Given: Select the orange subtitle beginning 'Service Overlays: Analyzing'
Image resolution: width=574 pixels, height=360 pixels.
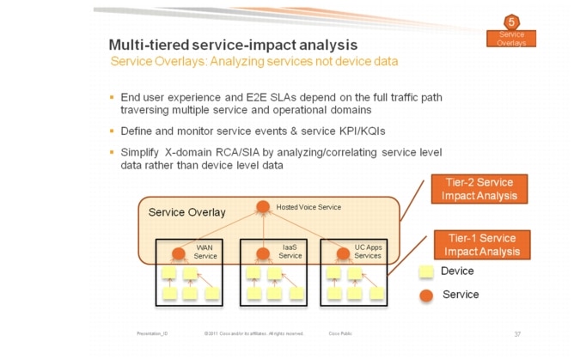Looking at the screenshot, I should pyautogui.click(x=253, y=62).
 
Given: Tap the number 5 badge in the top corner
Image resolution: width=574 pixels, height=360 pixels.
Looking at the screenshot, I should pyautogui.click(x=511, y=22).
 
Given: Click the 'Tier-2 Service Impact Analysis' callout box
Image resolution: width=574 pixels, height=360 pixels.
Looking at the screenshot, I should pyautogui.click(x=479, y=189).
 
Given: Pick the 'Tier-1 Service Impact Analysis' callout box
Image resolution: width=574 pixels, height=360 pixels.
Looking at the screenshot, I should pyautogui.click(x=479, y=245).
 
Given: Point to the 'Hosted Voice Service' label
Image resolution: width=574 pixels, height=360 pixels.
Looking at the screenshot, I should pyautogui.click(x=308, y=207).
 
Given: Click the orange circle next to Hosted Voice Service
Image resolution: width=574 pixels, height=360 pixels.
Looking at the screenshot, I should pyautogui.click(x=265, y=207).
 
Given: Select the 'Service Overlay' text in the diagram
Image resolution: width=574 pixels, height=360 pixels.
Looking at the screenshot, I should pyautogui.click(x=187, y=212).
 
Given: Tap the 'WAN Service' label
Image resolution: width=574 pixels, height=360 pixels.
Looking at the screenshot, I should pyautogui.click(x=205, y=251).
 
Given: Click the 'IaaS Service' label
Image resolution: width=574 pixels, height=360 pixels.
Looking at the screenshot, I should pyautogui.click(x=290, y=251).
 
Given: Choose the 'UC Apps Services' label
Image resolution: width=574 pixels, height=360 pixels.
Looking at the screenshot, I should pyautogui.click(x=368, y=251).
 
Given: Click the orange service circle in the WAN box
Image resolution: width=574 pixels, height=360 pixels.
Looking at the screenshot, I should pyautogui.click(x=180, y=253).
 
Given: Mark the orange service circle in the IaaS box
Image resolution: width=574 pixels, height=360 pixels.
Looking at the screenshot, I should pyautogui.click(x=265, y=253).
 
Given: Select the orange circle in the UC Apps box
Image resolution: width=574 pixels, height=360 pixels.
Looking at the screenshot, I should pyautogui.click(x=342, y=253).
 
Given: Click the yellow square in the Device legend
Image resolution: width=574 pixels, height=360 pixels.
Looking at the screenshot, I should pyautogui.click(x=425, y=272).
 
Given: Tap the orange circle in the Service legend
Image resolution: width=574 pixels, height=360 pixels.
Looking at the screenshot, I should pyautogui.click(x=425, y=295).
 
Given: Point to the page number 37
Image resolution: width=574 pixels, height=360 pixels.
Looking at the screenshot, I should pyautogui.click(x=517, y=333).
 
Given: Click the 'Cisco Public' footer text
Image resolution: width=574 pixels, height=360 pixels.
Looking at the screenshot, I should pyautogui.click(x=340, y=333).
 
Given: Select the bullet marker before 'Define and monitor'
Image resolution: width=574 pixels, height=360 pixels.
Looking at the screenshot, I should pyautogui.click(x=111, y=131).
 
